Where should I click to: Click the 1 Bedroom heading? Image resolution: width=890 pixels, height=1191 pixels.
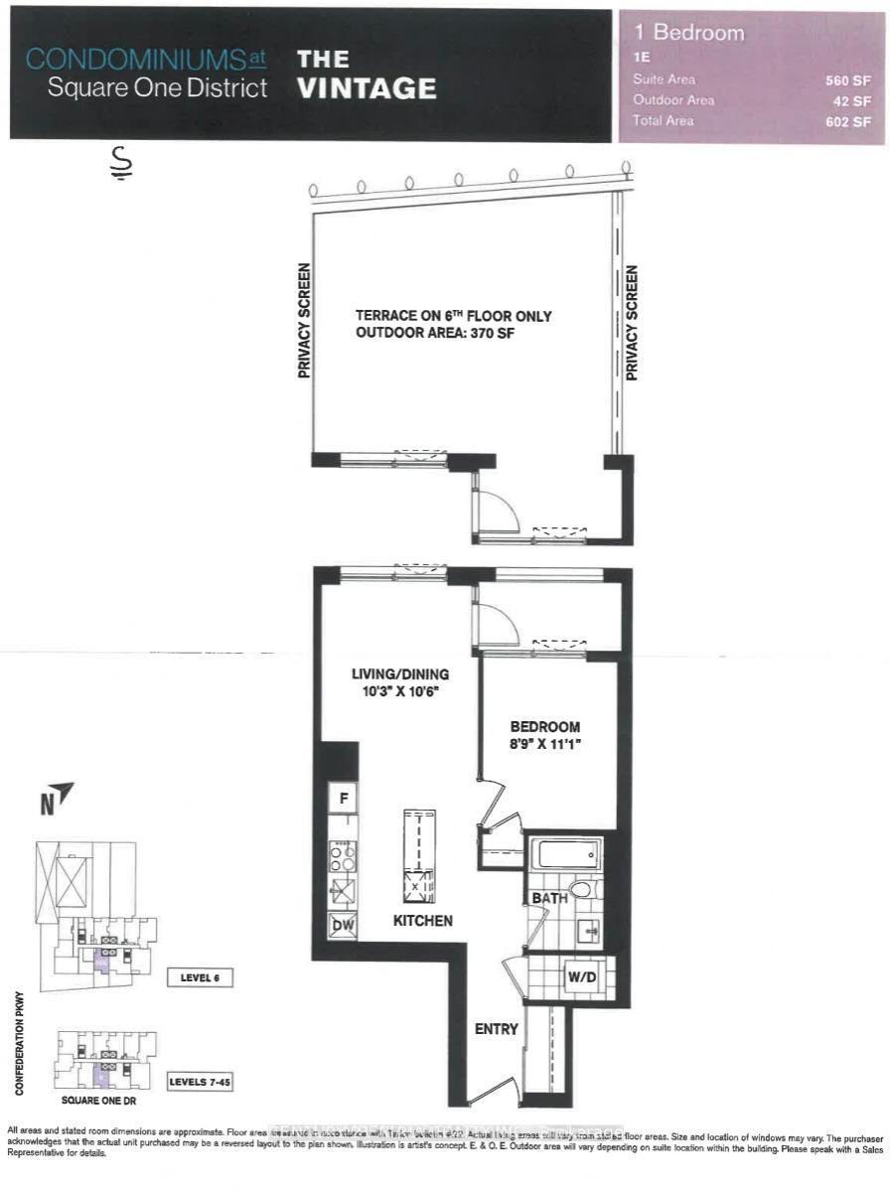point(688,33)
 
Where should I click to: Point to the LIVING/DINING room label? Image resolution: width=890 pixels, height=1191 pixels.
point(398,674)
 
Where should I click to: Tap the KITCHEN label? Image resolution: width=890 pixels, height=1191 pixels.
point(423,921)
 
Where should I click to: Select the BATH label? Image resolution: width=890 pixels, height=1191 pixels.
point(549,898)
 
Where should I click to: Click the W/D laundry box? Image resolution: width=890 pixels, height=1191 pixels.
point(583,976)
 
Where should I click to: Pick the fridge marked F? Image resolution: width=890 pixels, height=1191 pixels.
point(344,797)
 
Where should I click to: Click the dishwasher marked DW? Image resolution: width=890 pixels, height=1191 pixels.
point(344,925)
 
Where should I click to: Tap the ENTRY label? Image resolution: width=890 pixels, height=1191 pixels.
point(496,1029)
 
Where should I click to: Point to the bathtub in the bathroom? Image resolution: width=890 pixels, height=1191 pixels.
point(565,853)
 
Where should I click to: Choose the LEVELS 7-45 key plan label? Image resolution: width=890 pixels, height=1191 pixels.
point(200,1081)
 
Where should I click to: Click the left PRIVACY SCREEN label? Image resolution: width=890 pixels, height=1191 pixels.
point(304,320)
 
